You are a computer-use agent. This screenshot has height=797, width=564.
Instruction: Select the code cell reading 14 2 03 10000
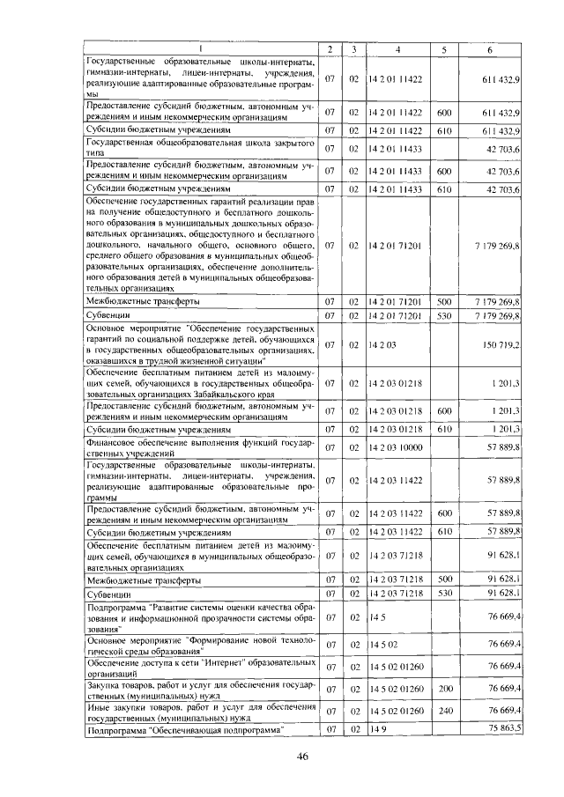[397, 448]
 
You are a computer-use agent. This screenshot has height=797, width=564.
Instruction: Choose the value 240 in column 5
[444, 710]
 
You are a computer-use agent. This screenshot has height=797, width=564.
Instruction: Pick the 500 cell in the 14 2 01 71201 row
[444, 301]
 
